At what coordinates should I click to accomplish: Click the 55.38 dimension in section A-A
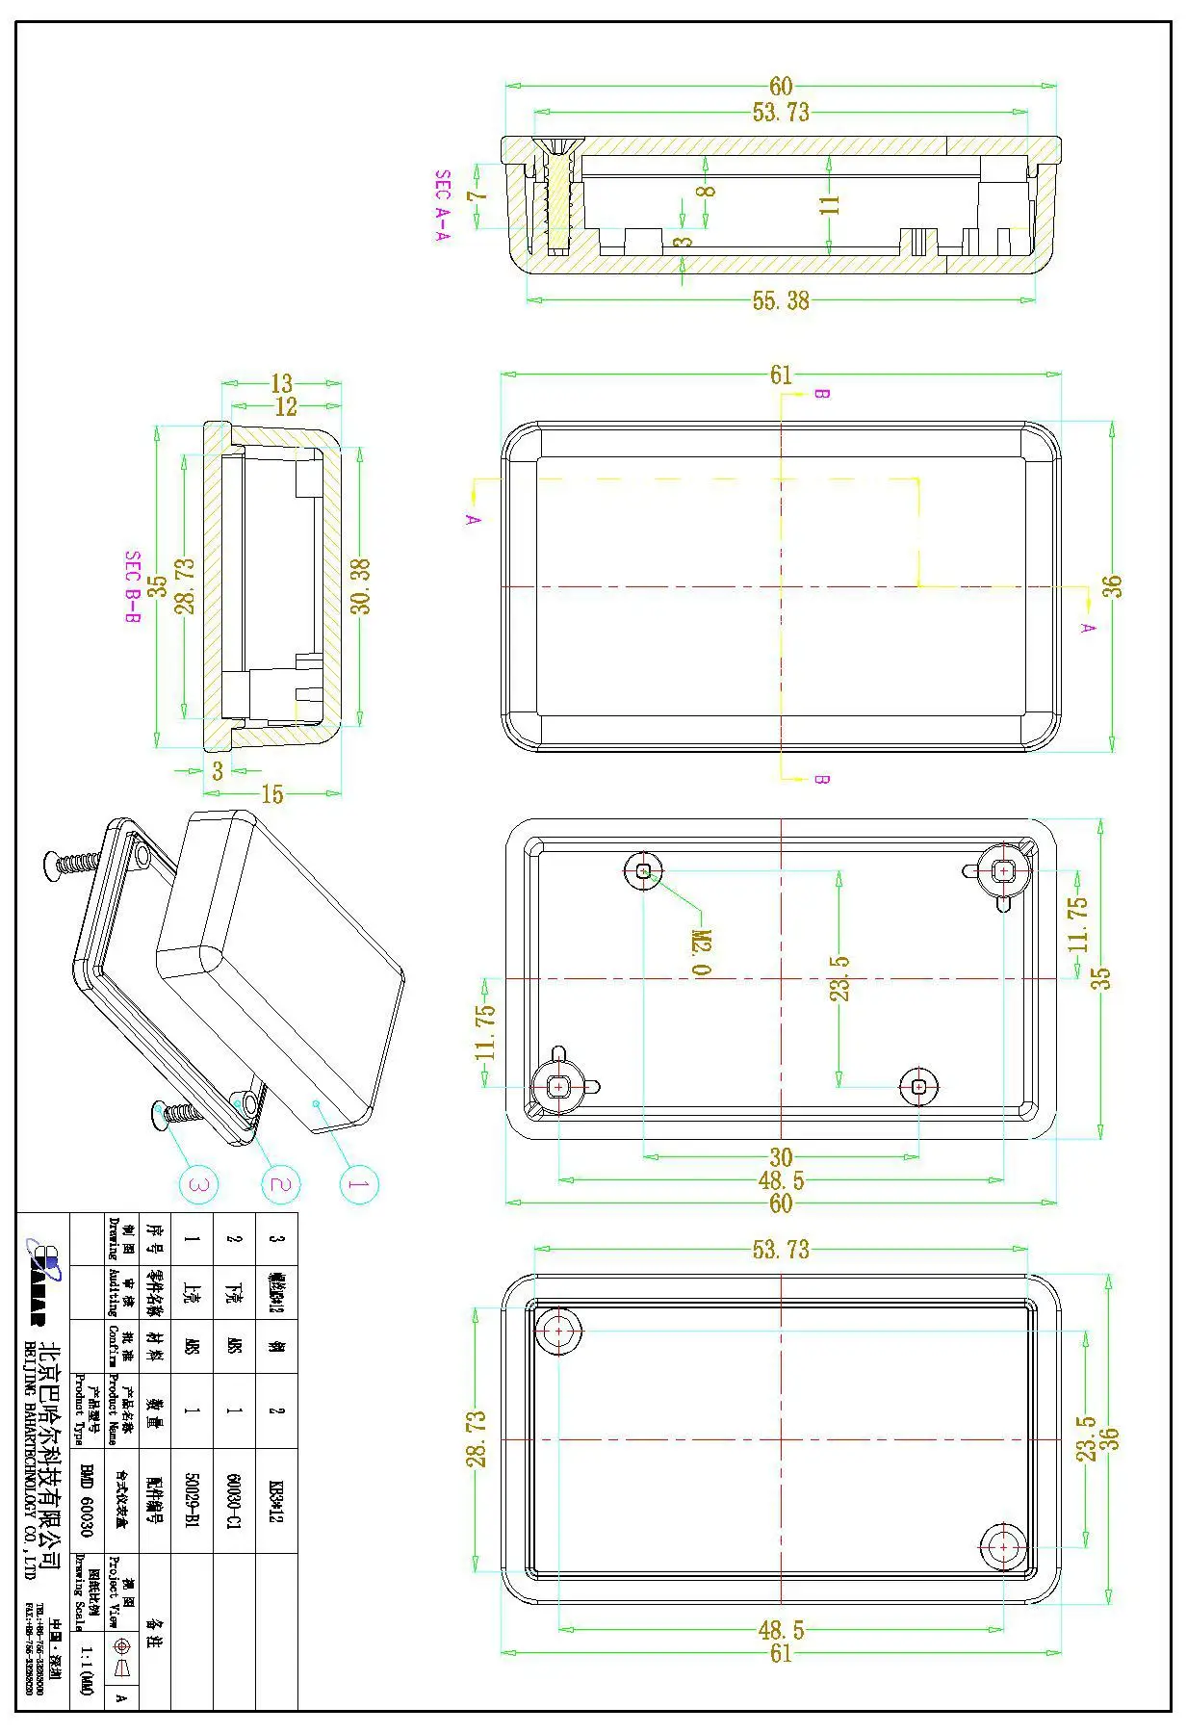(x=781, y=301)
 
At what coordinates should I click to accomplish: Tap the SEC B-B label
(x=133, y=587)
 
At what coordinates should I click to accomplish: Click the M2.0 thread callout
(x=702, y=952)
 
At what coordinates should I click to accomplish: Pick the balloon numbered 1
(x=358, y=1183)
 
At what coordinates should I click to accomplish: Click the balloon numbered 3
(x=199, y=1183)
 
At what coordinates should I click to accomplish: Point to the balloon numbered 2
(x=279, y=1183)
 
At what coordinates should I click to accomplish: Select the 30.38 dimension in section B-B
(x=360, y=586)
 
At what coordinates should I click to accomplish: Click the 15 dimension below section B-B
(x=272, y=794)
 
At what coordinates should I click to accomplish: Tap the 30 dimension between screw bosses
(x=781, y=1156)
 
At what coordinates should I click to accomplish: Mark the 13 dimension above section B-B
(x=281, y=384)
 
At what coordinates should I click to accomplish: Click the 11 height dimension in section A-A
(x=830, y=204)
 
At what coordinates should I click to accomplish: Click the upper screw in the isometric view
(x=75, y=863)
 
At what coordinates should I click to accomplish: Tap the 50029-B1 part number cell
(x=192, y=1499)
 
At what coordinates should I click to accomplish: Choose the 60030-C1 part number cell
(x=234, y=1499)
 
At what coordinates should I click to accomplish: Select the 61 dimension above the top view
(x=781, y=375)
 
